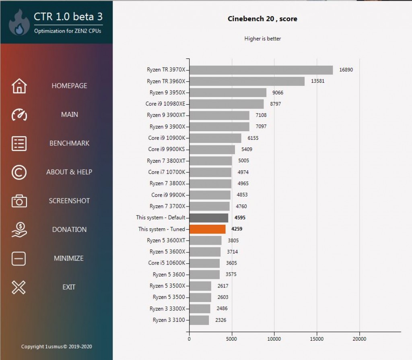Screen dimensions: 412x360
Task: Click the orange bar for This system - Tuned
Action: pyautogui.click(x=207, y=229)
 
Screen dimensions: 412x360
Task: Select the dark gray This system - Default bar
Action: pyautogui.click(x=209, y=218)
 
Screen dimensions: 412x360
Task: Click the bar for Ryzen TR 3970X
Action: pyautogui.click(x=261, y=70)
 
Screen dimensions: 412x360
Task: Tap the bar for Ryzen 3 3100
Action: pyautogui.click(x=199, y=320)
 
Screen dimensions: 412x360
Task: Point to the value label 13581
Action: pyautogui.click(x=318, y=81)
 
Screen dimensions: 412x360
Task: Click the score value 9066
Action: pyautogui.click(x=278, y=93)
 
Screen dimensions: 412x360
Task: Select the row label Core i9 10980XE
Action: pyautogui.click(x=165, y=104)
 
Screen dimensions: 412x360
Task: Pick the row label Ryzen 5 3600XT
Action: pyautogui.click(x=166, y=240)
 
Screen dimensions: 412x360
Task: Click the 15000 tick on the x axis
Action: pyautogui.click(x=317, y=339)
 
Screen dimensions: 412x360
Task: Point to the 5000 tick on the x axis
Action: pyautogui.click(x=231, y=339)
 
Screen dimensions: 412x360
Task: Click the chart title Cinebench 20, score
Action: pyautogui.click(x=262, y=19)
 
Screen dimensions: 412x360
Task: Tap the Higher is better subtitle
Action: pyautogui.click(x=262, y=39)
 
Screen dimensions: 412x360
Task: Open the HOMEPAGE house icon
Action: pyautogui.click(x=19, y=86)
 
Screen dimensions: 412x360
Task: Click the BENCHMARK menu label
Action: pyautogui.click(x=69, y=143)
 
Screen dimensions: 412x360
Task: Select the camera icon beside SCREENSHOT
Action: pyautogui.click(x=19, y=201)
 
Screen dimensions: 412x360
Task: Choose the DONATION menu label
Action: pyautogui.click(x=69, y=230)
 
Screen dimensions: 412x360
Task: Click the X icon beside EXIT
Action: pyautogui.click(x=19, y=287)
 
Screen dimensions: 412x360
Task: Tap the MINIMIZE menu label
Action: pyautogui.click(x=69, y=258)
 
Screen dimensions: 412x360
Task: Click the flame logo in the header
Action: pyautogui.click(x=19, y=23)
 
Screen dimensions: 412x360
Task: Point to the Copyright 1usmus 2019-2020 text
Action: pyautogui.click(x=56, y=347)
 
